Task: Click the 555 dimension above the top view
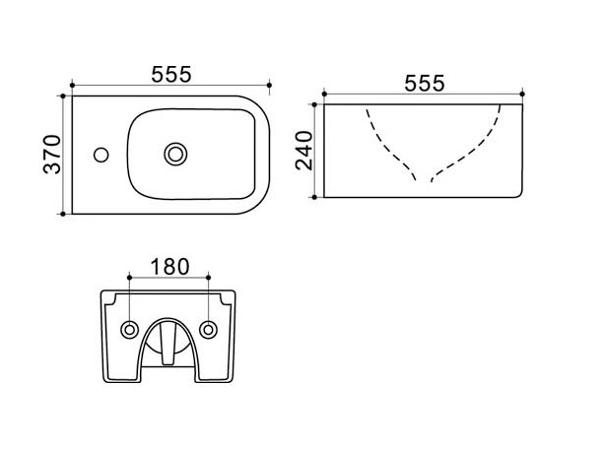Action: click(x=171, y=74)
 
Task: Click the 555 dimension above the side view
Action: click(x=425, y=83)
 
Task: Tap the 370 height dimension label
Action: click(x=52, y=155)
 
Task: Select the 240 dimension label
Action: click(x=303, y=151)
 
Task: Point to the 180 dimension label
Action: click(x=170, y=267)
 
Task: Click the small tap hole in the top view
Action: click(x=101, y=155)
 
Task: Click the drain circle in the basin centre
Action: click(x=175, y=155)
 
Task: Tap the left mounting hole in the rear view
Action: click(x=130, y=330)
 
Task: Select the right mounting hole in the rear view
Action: click(x=208, y=330)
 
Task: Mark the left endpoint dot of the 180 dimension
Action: click(x=130, y=277)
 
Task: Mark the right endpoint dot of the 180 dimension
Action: click(x=209, y=277)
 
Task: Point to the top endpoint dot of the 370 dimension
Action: click(x=63, y=96)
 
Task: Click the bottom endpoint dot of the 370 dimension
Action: click(x=63, y=214)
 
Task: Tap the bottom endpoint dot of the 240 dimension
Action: click(x=314, y=197)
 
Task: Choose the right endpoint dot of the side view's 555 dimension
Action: click(x=522, y=94)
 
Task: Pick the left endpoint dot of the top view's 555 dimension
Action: click(x=72, y=86)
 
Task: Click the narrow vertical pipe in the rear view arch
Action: click(x=167, y=344)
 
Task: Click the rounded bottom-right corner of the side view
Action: click(x=520, y=195)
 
